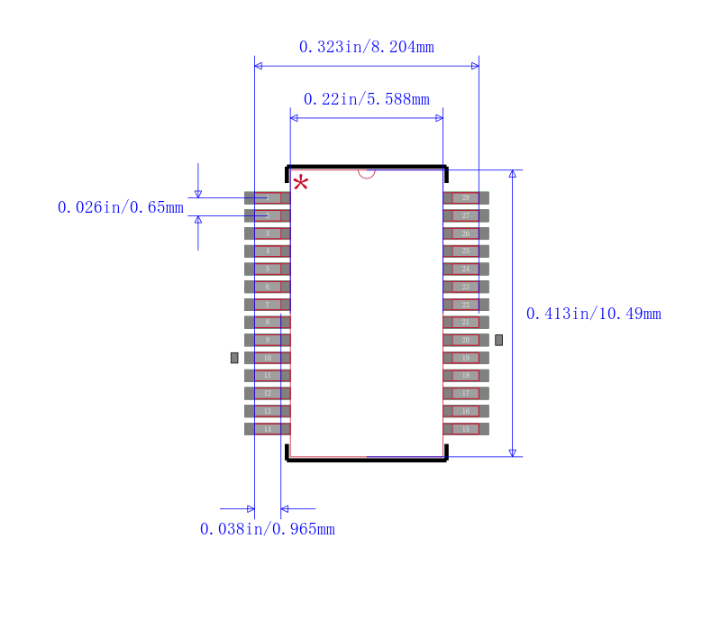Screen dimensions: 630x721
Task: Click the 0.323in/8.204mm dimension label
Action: click(x=366, y=47)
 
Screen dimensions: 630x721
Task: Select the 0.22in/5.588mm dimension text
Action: click(x=366, y=99)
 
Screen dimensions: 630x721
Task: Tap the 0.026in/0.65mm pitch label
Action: click(x=120, y=207)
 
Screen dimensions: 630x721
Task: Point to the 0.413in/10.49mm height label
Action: click(x=593, y=314)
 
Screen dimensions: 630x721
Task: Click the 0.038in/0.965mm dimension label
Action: click(x=267, y=529)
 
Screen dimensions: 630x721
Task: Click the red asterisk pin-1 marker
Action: click(x=300, y=184)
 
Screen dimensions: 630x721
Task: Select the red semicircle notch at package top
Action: click(x=366, y=172)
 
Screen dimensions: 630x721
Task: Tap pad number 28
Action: click(x=466, y=197)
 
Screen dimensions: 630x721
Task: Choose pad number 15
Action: click(x=466, y=429)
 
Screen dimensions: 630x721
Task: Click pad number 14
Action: click(x=267, y=429)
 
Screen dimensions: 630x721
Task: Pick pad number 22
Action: click(x=466, y=305)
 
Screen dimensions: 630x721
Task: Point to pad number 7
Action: click(x=267, y=305)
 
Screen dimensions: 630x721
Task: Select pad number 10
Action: click(x=267, y=358)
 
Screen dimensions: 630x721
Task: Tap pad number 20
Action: click(x=466, y=340)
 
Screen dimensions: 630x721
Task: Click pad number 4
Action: click(x=267, y=251)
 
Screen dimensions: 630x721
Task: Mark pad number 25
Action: click(x=466, y=251)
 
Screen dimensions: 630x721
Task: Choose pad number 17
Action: click(x=466, y=393)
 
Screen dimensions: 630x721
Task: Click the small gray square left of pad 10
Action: click(x=234, y=358)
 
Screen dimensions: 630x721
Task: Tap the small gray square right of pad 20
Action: click(x=498, y=340)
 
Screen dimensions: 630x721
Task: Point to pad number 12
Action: click(x=267, y=393)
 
